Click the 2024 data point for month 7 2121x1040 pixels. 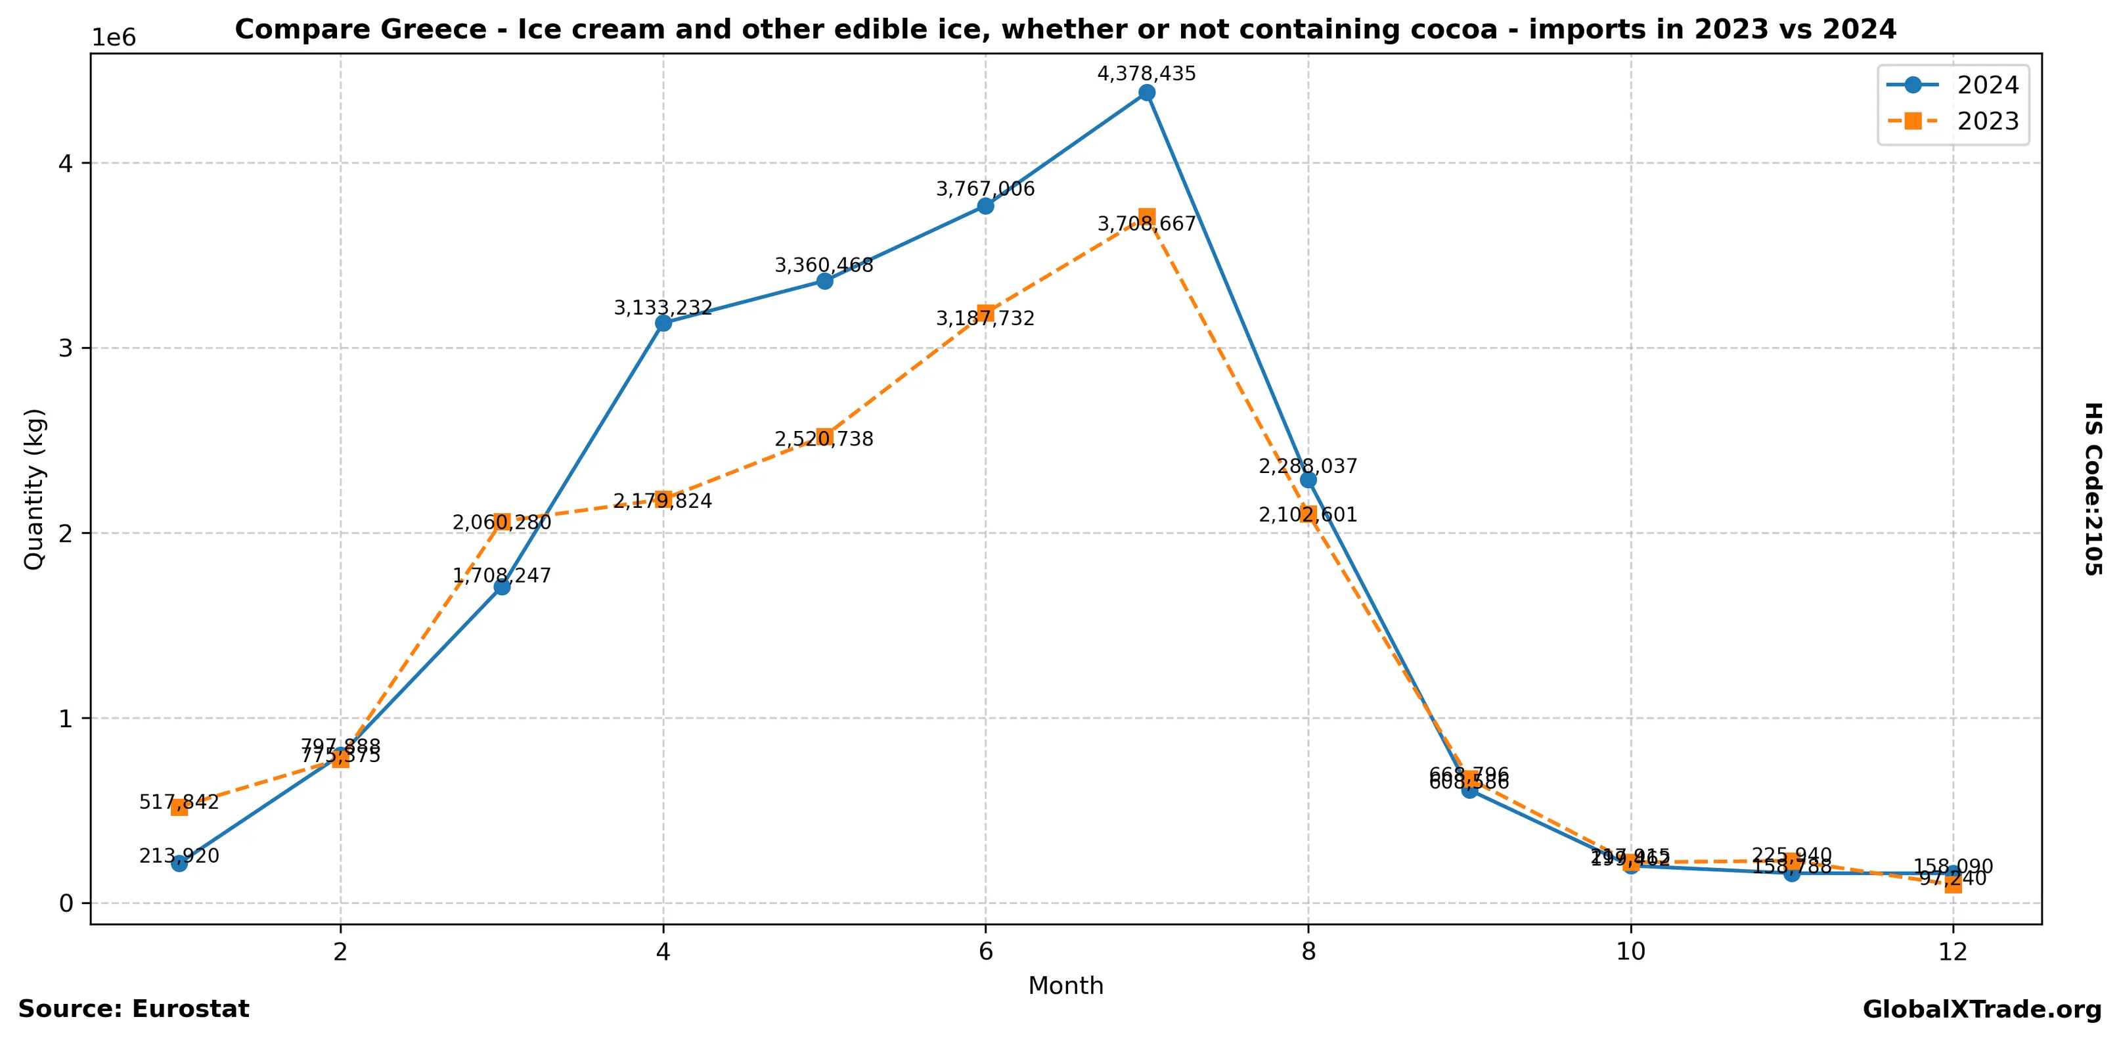1146,92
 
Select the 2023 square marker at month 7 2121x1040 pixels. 1146,217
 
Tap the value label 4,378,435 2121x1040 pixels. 1146,74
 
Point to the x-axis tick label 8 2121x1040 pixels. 1308,952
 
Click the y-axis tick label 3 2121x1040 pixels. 65,348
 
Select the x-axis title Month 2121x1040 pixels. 1065,985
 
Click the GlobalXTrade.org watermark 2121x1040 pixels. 1982,1010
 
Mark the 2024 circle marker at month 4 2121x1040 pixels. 663,323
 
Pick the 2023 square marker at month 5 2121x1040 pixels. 824,438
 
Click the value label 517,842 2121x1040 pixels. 179,802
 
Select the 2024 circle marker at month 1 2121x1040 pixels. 179,863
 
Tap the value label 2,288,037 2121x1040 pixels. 1308,466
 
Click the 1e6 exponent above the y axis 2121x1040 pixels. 113,38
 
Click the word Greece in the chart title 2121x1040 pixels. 438,30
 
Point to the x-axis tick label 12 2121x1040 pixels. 1952,952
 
